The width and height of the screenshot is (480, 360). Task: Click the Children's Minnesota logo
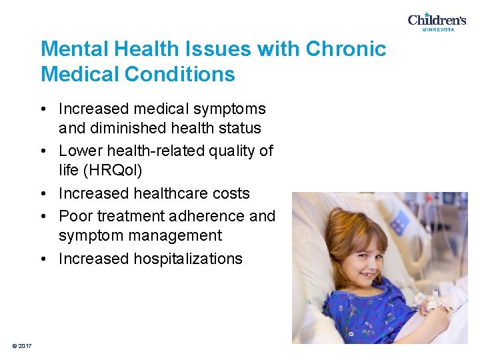click(x=437, y=21)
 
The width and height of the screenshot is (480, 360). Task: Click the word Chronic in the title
click(x=346, y=49)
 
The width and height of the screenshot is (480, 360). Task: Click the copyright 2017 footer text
click(x=22, y=345)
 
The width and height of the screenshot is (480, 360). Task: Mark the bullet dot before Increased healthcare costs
click(x=49, y=194)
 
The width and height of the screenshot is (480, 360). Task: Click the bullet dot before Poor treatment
click(x=49, y=217)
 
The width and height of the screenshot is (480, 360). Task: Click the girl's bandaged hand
click(x=427, y=304)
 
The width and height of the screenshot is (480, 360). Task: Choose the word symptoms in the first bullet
click(x=235, y=109)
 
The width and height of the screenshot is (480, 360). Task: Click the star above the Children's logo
click(x=427, y=14)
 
